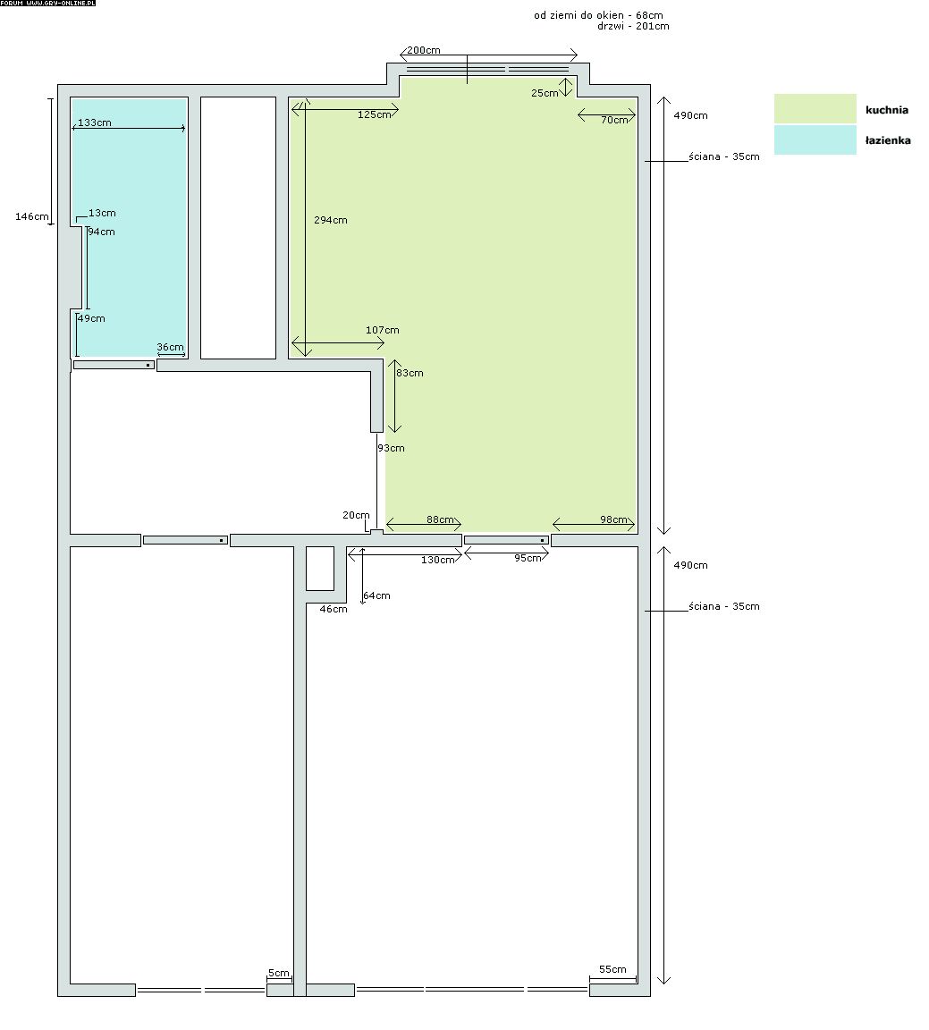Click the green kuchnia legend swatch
(815, 108)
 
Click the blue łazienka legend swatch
(815, 139)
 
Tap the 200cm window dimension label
(424, 50)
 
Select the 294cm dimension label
(331, 220)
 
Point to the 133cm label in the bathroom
(95, 122)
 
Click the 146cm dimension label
(32, 216)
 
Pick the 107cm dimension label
(383, 330)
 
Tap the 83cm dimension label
(410, 373)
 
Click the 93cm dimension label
(391, 448)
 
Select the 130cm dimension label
(437, 560)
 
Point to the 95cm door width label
(528, 558)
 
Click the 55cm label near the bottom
(612, 969)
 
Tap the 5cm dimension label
(279, 973)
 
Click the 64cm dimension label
(376, 595)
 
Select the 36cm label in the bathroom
(170, 347)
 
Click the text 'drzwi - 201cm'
(633, 26)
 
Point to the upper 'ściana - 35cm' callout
(724, 156)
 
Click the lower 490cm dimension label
(690, 565)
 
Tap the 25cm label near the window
(545, 93)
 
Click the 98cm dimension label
(613, 519)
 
